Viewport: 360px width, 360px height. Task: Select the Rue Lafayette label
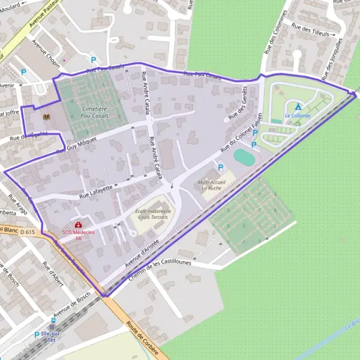pyautogui.click(x=96, y=191)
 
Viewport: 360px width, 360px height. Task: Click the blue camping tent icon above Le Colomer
pyautogui.click(x=298, y=106)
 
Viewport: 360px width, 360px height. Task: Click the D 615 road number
pyautogui.click(x=28, y=232)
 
